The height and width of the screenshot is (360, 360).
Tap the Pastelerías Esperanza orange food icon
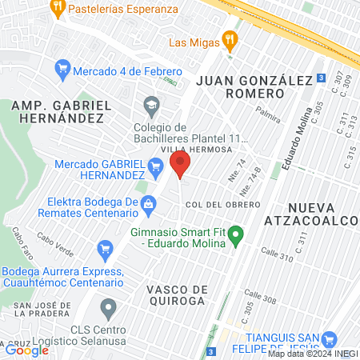57,9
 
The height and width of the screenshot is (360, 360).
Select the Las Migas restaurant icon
230,38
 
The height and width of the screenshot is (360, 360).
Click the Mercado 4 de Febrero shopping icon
62,70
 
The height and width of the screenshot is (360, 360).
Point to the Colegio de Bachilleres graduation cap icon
150,105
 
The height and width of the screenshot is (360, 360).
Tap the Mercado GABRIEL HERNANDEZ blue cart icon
156,167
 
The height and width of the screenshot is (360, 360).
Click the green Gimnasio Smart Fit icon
235,236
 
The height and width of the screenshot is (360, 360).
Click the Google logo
26,349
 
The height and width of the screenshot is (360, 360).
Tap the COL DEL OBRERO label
222,205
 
